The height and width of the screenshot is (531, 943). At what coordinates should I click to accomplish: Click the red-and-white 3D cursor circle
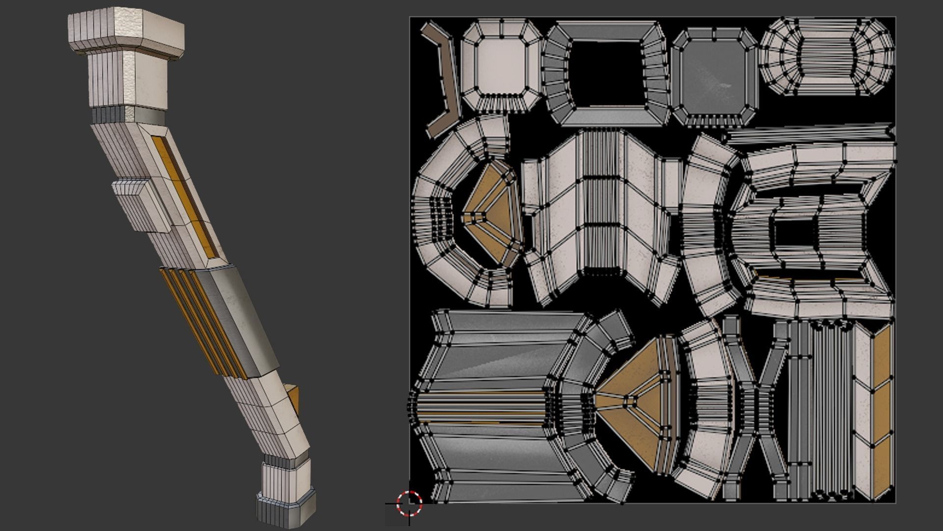pyautogui.click(x=409, y=502)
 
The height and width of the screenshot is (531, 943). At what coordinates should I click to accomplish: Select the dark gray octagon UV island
pyautogui.click(x=714, y=76)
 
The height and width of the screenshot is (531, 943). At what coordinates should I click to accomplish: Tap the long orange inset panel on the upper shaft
pyautogui.click(x=187, y=197)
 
